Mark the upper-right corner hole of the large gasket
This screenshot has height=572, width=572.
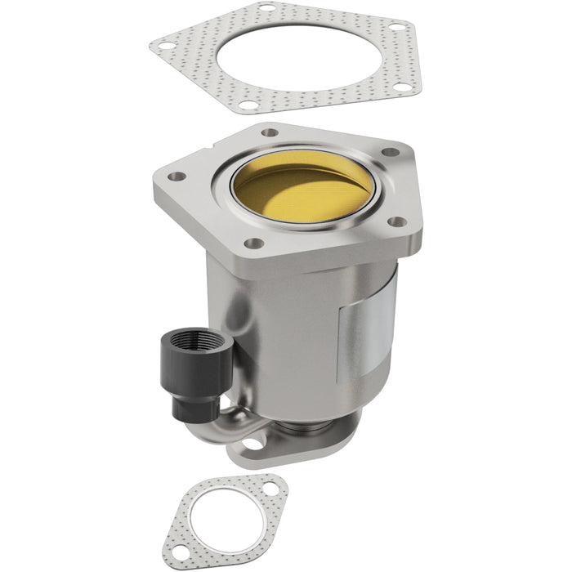pos(397,27)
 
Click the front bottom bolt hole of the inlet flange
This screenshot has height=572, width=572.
pos(255,243)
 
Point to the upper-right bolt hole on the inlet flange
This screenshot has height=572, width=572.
pos(391,152)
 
